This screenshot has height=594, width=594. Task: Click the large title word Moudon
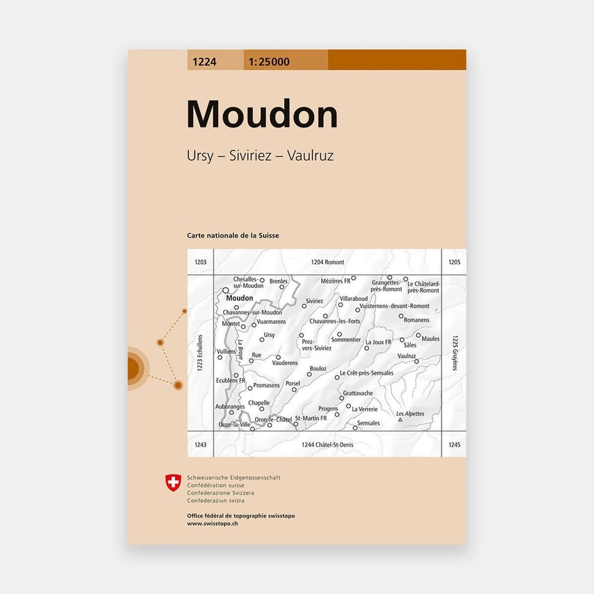[x=262, y=115]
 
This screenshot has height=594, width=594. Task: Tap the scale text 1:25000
[x=269, y=60]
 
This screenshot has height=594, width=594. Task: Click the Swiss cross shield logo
[x=173, y=482]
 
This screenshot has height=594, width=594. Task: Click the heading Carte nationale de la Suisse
[x=233, y=236]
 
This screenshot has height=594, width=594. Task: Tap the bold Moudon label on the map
[x=240, y=298]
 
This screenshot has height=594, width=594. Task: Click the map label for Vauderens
[x=285, y=363]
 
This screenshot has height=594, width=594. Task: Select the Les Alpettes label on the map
[x=410, y=414]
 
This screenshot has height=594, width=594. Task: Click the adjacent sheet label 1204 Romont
[x=327, y=262]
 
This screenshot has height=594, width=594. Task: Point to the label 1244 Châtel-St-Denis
[x=328, y=445]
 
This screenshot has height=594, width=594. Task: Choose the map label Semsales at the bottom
[x=369, y=423]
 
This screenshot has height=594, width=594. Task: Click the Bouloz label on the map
[x=318, y=369]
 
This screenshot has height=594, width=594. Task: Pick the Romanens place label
[x=416, y=320]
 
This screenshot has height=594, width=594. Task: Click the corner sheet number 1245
[x=454, y=445]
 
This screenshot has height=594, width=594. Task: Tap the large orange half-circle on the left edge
[x=135, y=368]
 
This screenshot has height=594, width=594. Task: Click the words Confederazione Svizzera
[x=220, y=493]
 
